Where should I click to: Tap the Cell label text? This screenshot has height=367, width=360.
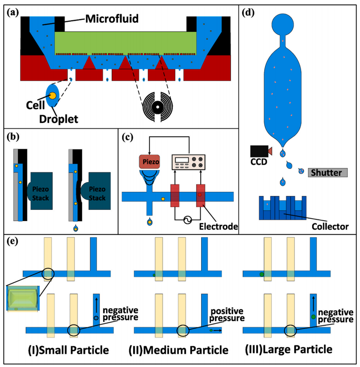[x=33, y=103]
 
